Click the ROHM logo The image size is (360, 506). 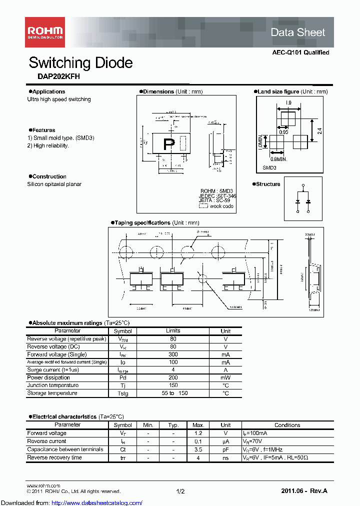coord(44,32)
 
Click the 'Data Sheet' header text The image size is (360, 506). coord(297,32)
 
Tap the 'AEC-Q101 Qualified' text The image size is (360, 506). coord(300,52)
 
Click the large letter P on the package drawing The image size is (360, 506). coord(169,144)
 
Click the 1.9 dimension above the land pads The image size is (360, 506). coord(288,102)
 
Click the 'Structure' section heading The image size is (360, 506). coord(268,184)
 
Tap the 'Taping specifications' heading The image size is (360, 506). coord(142,222)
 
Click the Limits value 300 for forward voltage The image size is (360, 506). coord(173,354)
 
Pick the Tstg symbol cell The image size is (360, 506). coord(122,393)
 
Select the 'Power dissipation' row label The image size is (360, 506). coord(48,377)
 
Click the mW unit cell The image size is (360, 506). coord(225,378)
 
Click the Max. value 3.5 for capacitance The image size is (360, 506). coord(198,449)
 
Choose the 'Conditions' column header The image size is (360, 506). coord(287,425)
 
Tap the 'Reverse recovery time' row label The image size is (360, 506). coord(54,457)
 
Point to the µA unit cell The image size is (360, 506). coord(225,441)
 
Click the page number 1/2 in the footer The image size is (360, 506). coord(180,491)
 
